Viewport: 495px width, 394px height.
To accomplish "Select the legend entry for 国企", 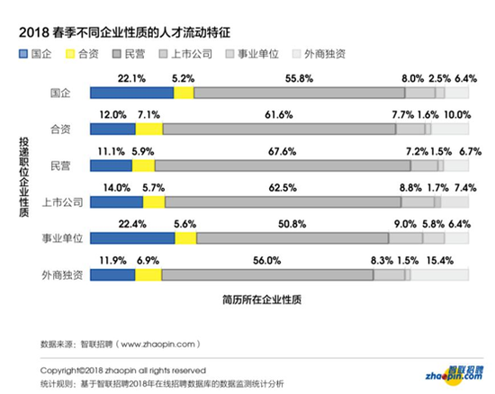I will click(x=34, y=56).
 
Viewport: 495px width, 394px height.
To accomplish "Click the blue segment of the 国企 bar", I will click(x=131, y=93).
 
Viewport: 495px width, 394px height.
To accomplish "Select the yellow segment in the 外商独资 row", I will click(x=149, y=273).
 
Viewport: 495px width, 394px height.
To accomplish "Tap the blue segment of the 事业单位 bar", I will click(x=132, y=237).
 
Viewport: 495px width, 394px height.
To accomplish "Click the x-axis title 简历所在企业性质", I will click(x=266, y=296).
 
